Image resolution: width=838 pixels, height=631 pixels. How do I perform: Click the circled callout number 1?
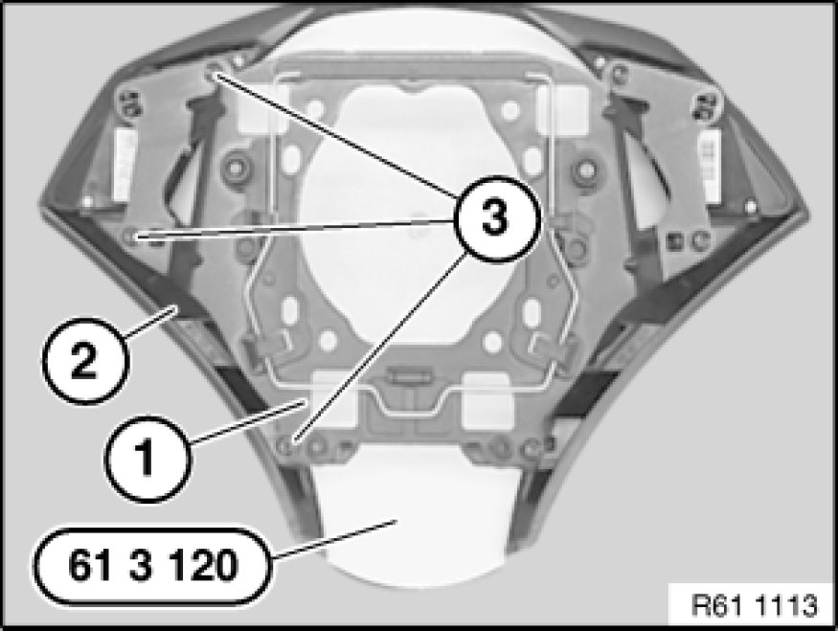146,459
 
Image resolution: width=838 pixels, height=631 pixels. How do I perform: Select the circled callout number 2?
84,361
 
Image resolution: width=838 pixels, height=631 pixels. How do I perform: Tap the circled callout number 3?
495,218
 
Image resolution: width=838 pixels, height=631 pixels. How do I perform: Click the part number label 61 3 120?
152,566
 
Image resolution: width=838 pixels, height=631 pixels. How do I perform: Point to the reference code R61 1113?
754,605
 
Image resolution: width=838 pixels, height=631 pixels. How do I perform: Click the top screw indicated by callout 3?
214,72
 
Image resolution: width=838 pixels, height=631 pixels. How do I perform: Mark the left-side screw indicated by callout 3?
131,236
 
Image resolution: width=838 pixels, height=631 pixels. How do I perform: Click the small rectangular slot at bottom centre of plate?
409,376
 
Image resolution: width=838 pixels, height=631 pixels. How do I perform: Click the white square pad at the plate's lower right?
487,401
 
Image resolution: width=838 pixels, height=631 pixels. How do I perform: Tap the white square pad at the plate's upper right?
564,108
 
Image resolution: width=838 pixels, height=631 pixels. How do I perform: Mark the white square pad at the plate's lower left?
333,401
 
